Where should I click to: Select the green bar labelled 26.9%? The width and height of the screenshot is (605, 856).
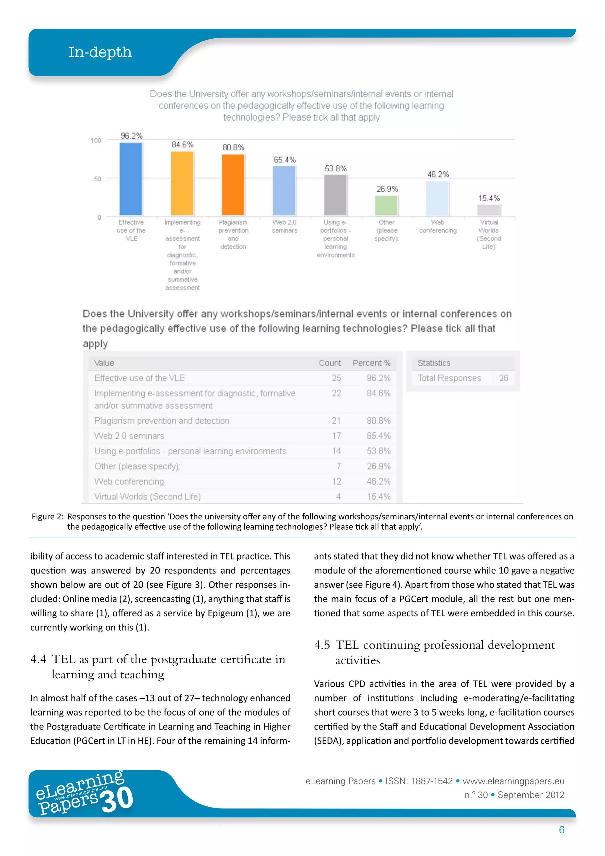point(386,206)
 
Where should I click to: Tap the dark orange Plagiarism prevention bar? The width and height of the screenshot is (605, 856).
point(233,185)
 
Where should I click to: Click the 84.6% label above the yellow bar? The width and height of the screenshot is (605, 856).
point(182,145)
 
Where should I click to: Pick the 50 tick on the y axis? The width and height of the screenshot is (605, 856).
point(97,179)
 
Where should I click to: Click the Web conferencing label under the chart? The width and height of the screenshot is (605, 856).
point(438,226)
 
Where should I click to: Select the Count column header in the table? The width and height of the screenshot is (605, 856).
point(330,363)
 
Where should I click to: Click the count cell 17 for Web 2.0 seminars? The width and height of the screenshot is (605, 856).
point(336,436)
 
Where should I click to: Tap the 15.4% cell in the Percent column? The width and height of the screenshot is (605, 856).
point(378,497)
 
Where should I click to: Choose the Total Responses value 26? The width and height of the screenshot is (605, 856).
point(503,378)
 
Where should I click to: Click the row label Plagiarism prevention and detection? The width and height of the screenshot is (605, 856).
point(162,421)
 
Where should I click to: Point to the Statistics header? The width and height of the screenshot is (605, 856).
point(434,363)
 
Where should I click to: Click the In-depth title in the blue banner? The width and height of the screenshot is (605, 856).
point(100,53)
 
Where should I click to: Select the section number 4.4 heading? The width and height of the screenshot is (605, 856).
point(38,659)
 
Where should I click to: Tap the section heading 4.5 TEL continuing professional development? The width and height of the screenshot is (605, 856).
point(434,645)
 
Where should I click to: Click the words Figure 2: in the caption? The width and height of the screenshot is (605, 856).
point(48,517)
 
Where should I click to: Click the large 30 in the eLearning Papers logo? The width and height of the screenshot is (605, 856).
point(117,800)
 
